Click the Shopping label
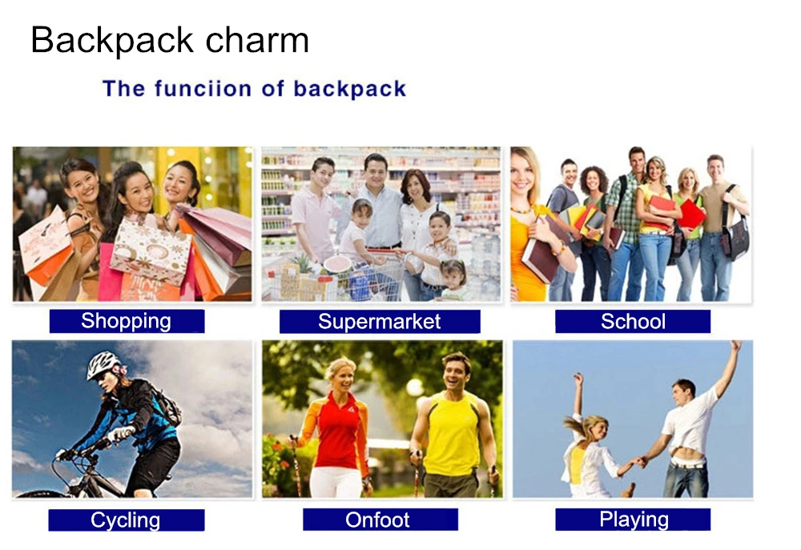tap(127, 322)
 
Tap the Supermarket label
tap(379, 322)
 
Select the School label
tap(633, 322)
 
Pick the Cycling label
tap(126, 520)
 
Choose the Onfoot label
tap(378, 520)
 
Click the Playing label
tap(633, 520)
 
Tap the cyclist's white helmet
tap(103, 365)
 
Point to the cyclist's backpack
tap(166, 404)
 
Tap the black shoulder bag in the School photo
tap(735, 236)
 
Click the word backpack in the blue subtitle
tap(349, 88)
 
